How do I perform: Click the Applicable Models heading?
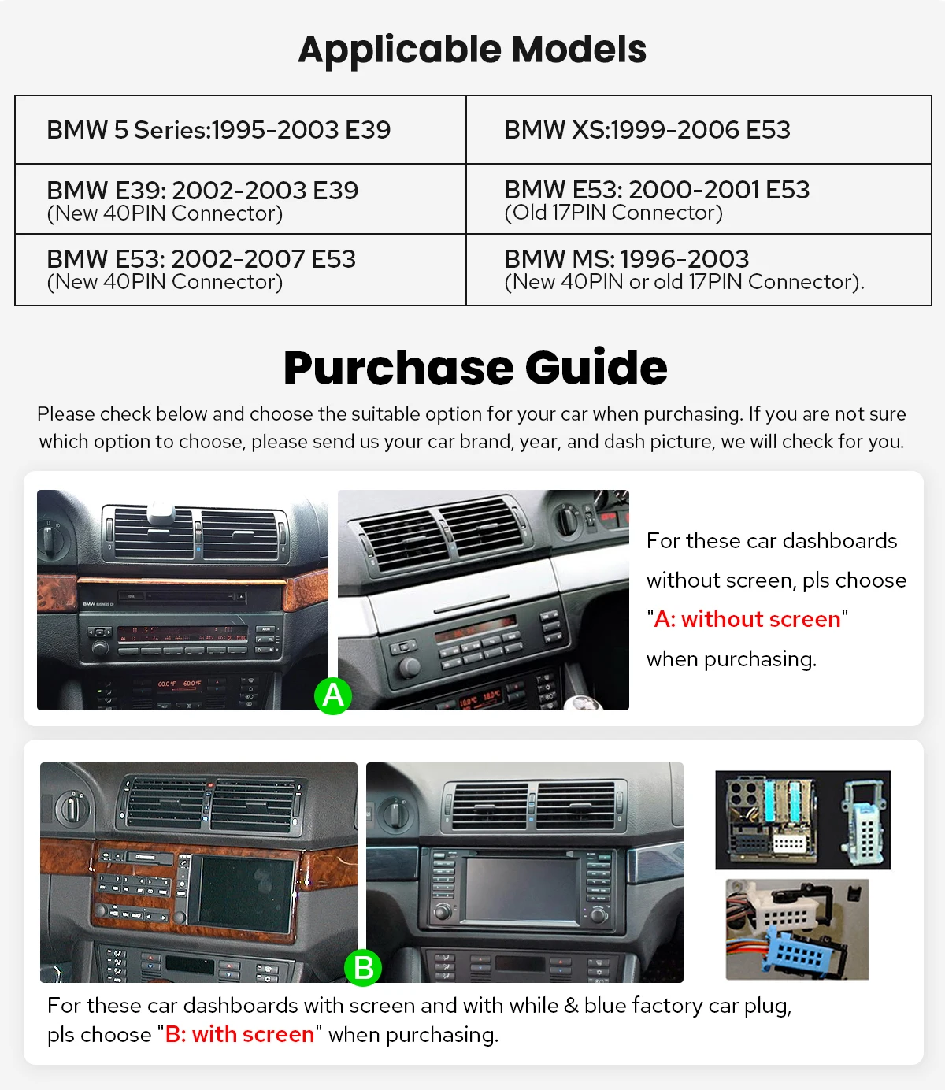click(472, 50)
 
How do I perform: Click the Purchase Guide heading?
click(475, 368)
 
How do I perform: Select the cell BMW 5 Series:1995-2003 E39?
click(218, 130)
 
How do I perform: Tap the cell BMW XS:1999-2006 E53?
click(647, 130)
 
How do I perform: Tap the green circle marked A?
click(333, 695)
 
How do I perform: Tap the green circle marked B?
click(363, 967)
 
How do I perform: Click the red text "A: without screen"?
click(747, 620)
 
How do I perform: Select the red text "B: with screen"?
click(239, 1034)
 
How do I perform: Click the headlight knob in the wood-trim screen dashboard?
click(73, 807)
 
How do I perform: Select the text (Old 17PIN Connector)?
click(613, 213)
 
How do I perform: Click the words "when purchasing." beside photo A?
click(731, 659)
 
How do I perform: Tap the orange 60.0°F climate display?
click(180, 684)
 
